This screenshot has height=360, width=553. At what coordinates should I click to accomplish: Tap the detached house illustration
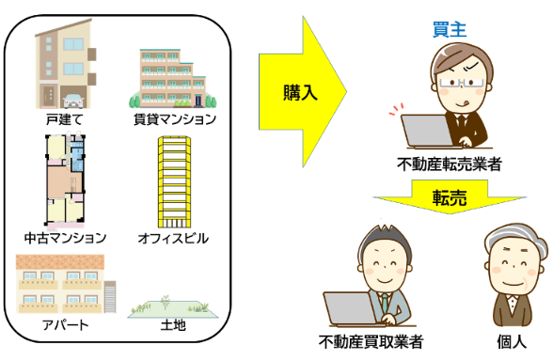(64, 67)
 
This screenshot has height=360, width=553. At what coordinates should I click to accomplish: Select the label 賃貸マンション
(175, 119)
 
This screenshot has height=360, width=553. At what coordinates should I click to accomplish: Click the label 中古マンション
(65, 237)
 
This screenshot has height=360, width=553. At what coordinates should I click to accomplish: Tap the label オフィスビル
(173, 238)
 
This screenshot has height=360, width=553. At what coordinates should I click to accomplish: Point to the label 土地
(171, 325)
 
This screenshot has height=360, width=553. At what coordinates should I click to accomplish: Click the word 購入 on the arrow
(300, 92)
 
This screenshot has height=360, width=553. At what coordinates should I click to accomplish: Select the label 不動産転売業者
(449, 164)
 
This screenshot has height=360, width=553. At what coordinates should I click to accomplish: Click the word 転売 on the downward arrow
(449, 197)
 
